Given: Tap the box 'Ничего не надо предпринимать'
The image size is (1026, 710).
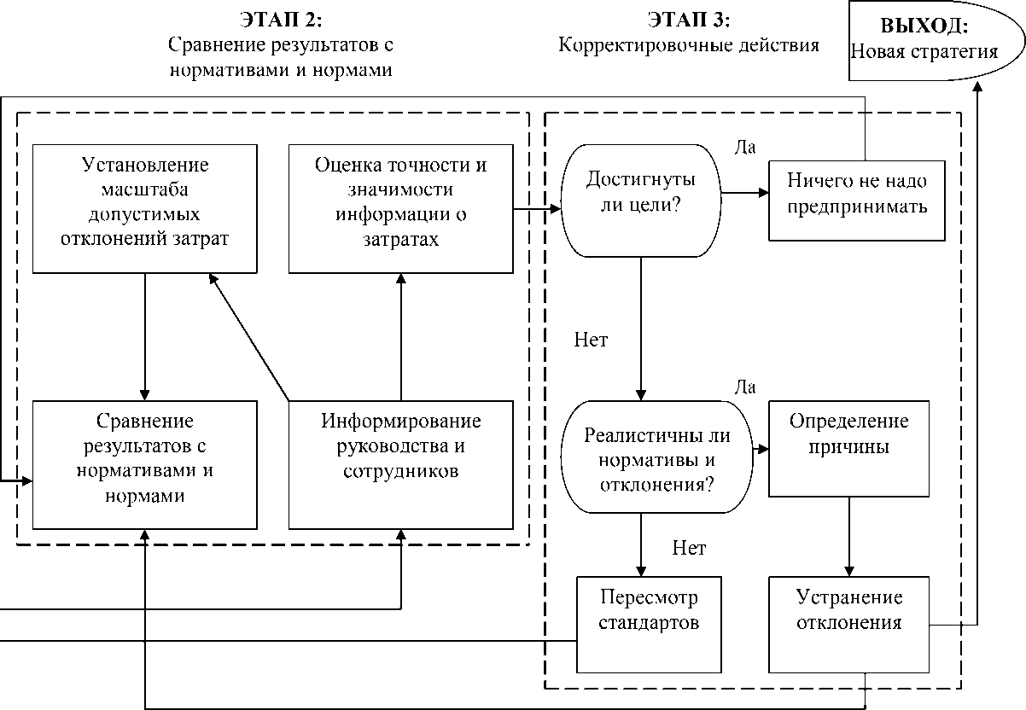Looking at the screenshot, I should [x=857, y=194].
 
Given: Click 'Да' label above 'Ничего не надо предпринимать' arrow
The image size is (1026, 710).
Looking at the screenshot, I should [x=744, y=147].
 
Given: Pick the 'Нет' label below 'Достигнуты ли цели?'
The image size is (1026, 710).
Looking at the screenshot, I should [x=591, y=340].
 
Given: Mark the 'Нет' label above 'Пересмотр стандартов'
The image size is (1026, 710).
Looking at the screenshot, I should [x=688, y=548].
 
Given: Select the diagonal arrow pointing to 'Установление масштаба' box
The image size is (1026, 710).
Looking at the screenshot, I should [x=248, y=336].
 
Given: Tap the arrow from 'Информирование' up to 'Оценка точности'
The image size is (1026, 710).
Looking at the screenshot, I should [x=400, y=336].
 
